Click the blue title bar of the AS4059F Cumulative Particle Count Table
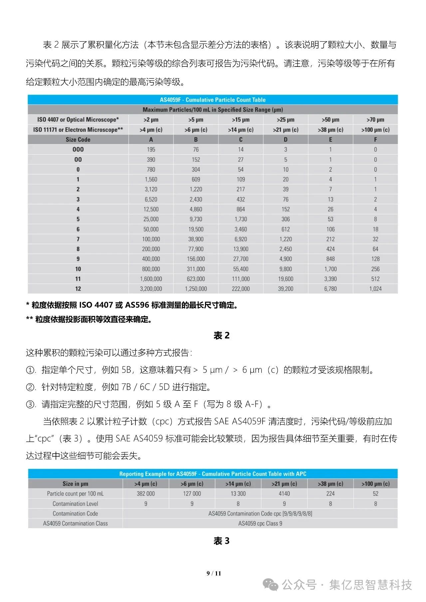213,100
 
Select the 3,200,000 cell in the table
151,289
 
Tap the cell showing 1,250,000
196,289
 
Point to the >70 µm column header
375,120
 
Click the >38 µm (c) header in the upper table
330,130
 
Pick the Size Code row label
78,140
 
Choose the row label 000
78,150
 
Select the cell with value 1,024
375,289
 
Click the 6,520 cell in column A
151,199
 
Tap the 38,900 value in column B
196,239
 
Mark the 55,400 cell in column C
241,269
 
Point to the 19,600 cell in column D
286,279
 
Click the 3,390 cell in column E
330,279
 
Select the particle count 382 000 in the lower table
146,494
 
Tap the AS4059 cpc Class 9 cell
260,523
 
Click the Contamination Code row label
75,514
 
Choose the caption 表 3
221,541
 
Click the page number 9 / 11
214,573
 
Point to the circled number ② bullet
30,387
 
